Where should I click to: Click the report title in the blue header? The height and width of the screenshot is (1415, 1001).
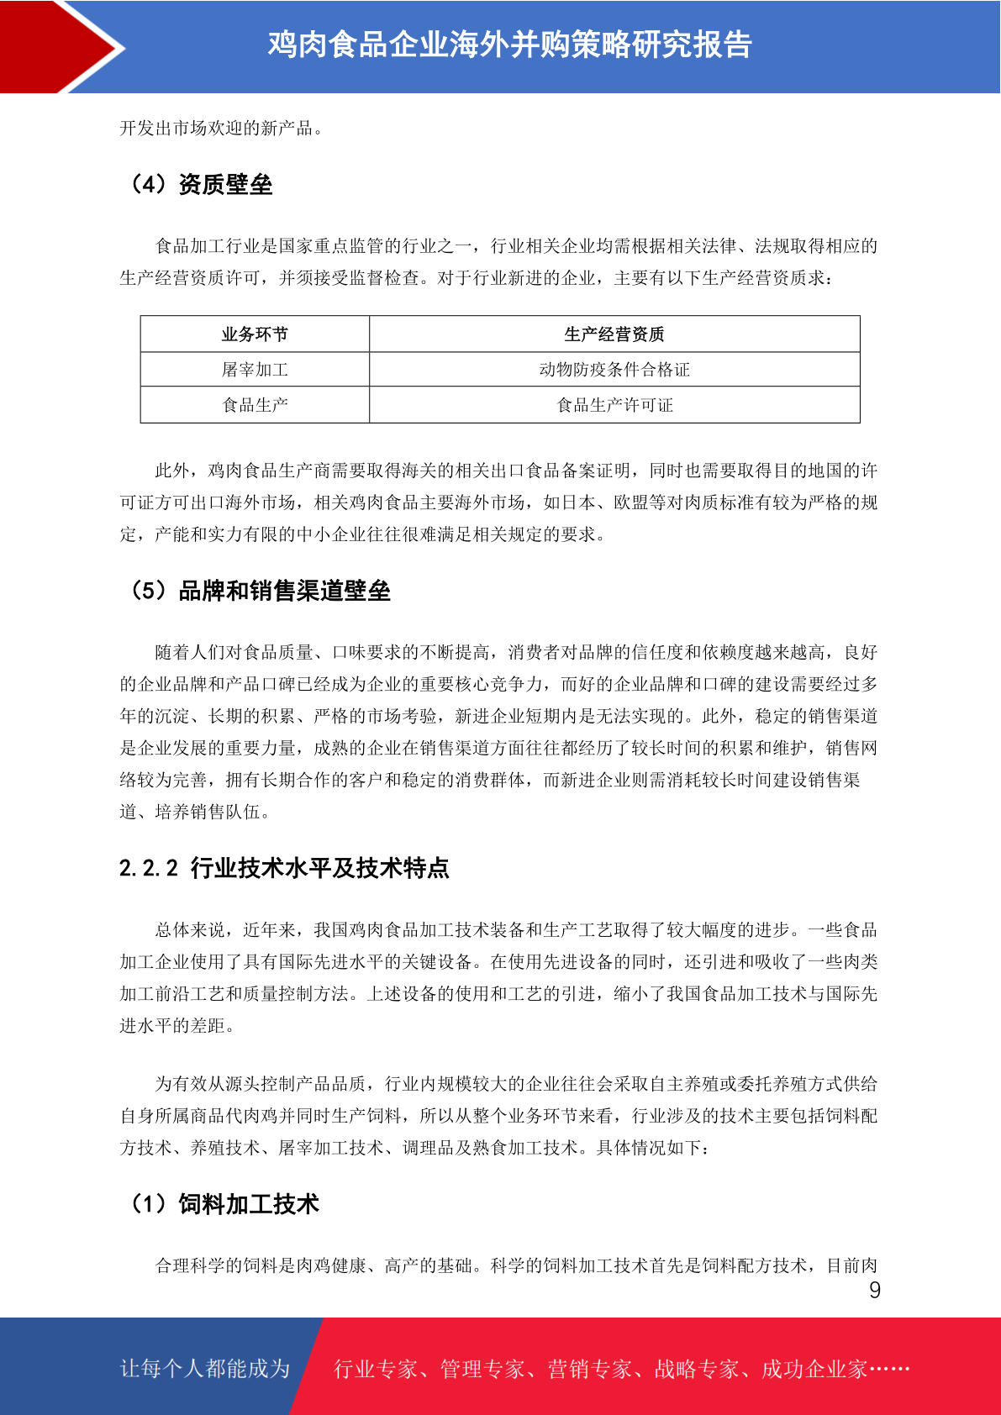[x=509, y=45]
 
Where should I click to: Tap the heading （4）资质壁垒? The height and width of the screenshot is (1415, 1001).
[x=200, y=185]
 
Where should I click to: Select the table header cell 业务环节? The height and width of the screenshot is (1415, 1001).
[x=255, y=334]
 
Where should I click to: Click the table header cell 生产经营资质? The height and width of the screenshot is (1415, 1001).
[x=614, y=334]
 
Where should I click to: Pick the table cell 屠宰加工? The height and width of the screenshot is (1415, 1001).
[x=255, y=370]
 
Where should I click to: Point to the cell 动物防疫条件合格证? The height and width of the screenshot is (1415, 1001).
[x=614, y=370]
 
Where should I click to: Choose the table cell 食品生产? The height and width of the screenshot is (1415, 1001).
[x=255, y=405]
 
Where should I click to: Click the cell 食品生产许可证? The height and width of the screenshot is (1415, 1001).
[x=614, y=405]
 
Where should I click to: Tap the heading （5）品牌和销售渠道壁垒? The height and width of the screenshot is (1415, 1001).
[x=259, y=591]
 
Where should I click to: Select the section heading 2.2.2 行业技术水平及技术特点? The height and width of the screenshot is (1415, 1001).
[x=284, y=868]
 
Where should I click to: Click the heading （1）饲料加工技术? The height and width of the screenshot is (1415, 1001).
[x=224, y=1204]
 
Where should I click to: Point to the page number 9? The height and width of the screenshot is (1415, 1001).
[x=875, y=1291]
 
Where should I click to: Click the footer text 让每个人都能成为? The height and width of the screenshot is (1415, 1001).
[x=205, y=1369]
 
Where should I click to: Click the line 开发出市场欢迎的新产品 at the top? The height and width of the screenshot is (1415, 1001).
[x=222, y=129]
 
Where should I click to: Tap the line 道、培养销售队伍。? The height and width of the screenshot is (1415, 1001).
[x=195, y=813]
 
